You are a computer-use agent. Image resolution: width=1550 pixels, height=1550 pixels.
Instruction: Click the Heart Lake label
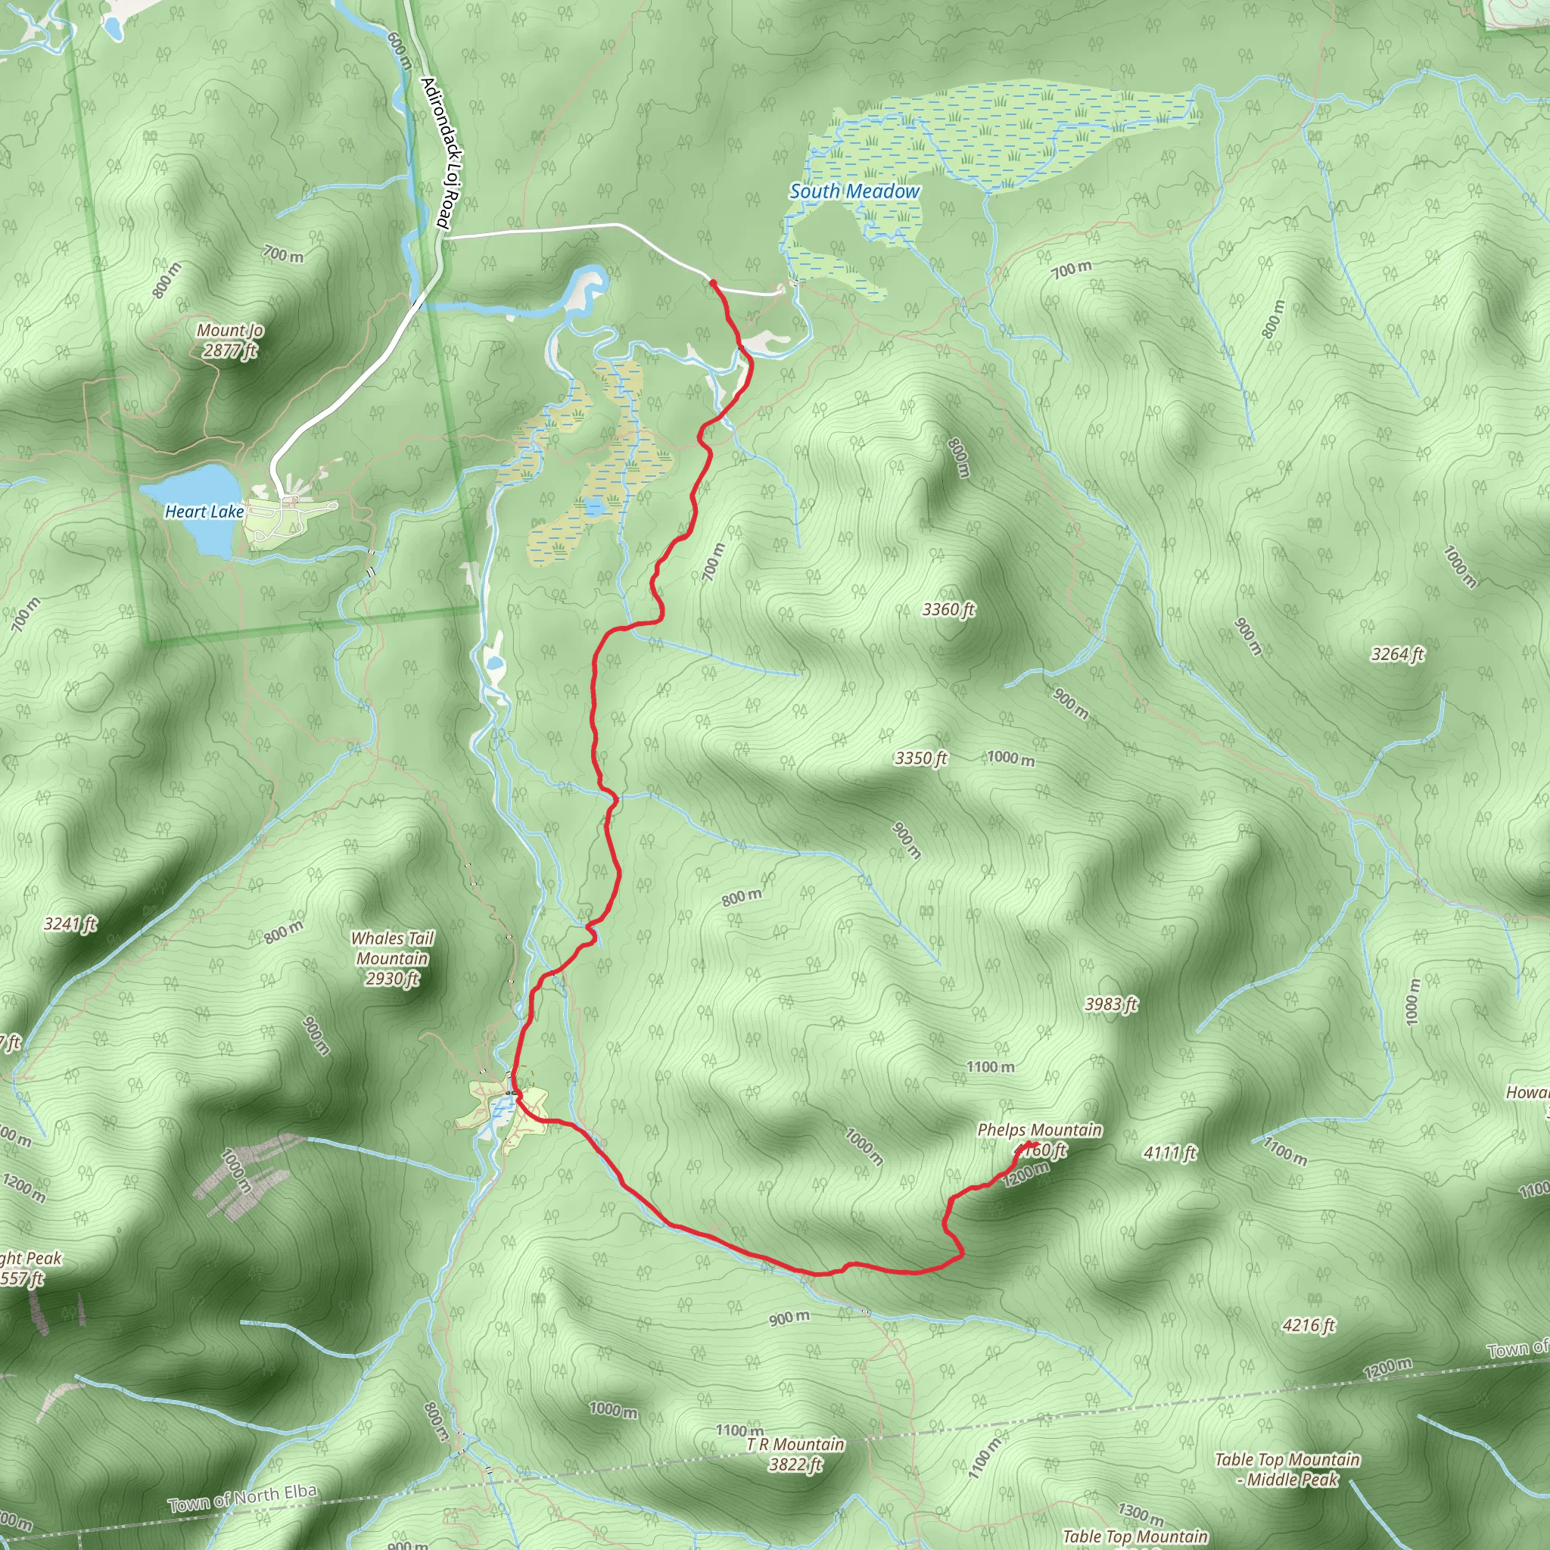(x=204, y=512)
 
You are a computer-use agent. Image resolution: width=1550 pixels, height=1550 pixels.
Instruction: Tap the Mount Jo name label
(x=230, y=331)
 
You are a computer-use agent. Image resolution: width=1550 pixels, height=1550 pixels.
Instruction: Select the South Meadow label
(x=854, y=191)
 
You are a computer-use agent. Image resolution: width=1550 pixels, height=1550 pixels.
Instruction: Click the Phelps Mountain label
(x=1039, y=1131)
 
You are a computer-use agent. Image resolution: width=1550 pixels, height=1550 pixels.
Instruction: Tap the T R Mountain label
(x=795, y=1445)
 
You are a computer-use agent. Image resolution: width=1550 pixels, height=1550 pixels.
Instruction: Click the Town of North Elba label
(x=242, y=1498)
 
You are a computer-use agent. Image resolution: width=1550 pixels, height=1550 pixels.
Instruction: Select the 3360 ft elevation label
(x=948, y=610)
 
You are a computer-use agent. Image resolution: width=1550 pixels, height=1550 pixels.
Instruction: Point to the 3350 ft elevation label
(x=920, y=758)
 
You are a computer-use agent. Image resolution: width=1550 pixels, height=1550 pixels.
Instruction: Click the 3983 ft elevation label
(x=1111, y=1004)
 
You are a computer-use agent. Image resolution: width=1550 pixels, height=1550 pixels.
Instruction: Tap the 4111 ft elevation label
(x=1170, y=1153)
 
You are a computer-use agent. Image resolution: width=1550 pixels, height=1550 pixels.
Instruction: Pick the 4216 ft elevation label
(x=1309, y=1325)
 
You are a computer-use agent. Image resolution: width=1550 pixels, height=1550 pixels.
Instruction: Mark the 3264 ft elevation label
(x=1398, y=655)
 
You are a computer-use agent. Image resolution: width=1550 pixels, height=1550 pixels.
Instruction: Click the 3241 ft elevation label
(x=70, y=924)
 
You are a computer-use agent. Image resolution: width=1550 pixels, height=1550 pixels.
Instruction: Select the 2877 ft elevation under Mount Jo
(x=230, y=350)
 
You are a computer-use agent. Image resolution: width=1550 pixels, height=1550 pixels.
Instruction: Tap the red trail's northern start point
(x=712, y=282)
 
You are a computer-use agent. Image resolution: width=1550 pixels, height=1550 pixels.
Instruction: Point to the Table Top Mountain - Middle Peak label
(x=1287, y=1469)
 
